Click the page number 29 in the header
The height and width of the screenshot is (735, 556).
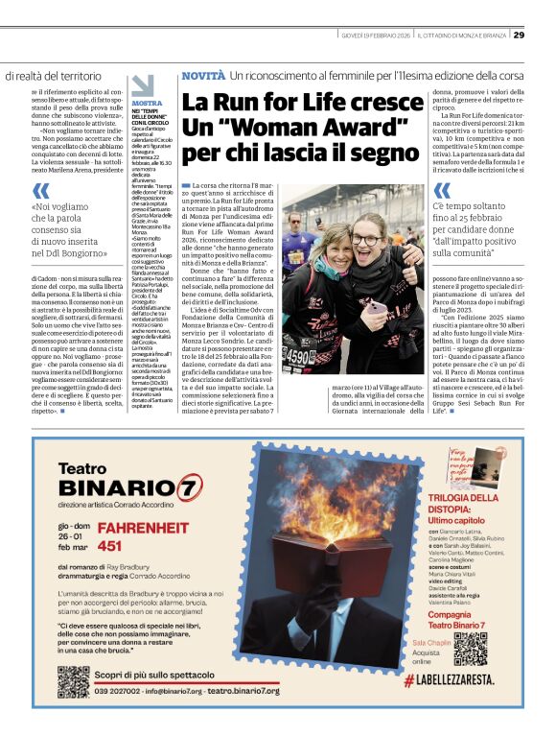(544, 36)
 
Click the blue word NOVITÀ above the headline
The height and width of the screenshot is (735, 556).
(203, 75)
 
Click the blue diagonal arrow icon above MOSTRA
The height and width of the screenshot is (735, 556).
(142, 85)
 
